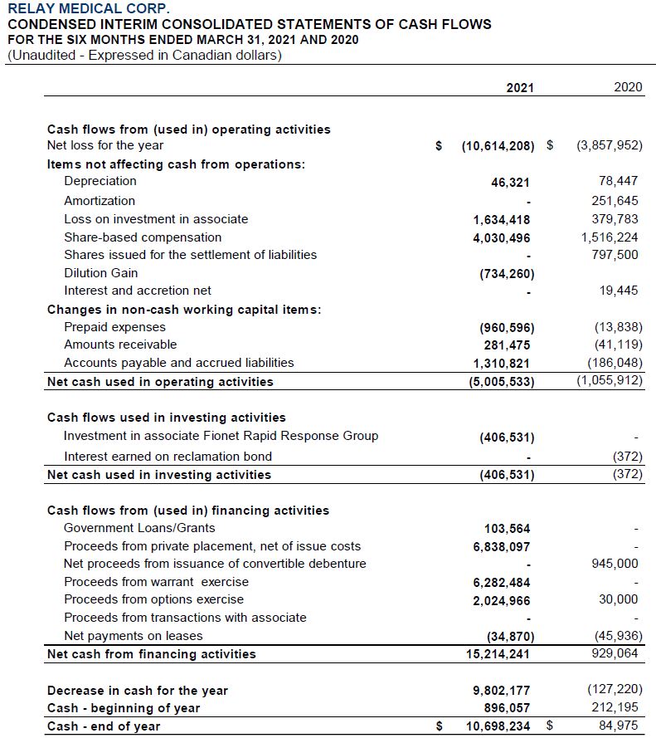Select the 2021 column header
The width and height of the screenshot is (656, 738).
[520, 87]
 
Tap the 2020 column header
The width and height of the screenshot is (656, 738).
[629, 87]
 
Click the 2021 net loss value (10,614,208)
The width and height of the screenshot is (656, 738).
[498, 146]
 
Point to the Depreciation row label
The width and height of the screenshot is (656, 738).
[100, 181]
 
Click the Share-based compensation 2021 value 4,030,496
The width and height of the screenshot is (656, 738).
[502, 237]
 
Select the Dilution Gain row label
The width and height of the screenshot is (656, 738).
[101, 272]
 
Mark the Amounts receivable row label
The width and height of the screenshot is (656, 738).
[120, 345]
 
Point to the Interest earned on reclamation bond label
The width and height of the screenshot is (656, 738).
[168, 456]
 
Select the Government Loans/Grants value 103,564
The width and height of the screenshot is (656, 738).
[507, 529]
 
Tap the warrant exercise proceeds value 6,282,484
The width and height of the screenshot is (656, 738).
[502, 582]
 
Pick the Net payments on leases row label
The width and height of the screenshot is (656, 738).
[133, 636]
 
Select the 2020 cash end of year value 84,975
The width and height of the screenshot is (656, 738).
[620, 726]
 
